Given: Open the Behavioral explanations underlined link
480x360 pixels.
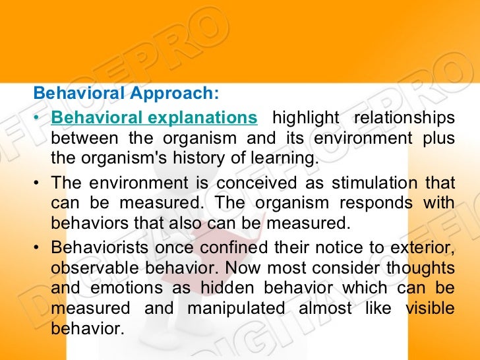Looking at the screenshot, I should (154, 118).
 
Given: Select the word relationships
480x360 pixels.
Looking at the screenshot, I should (404, 118).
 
